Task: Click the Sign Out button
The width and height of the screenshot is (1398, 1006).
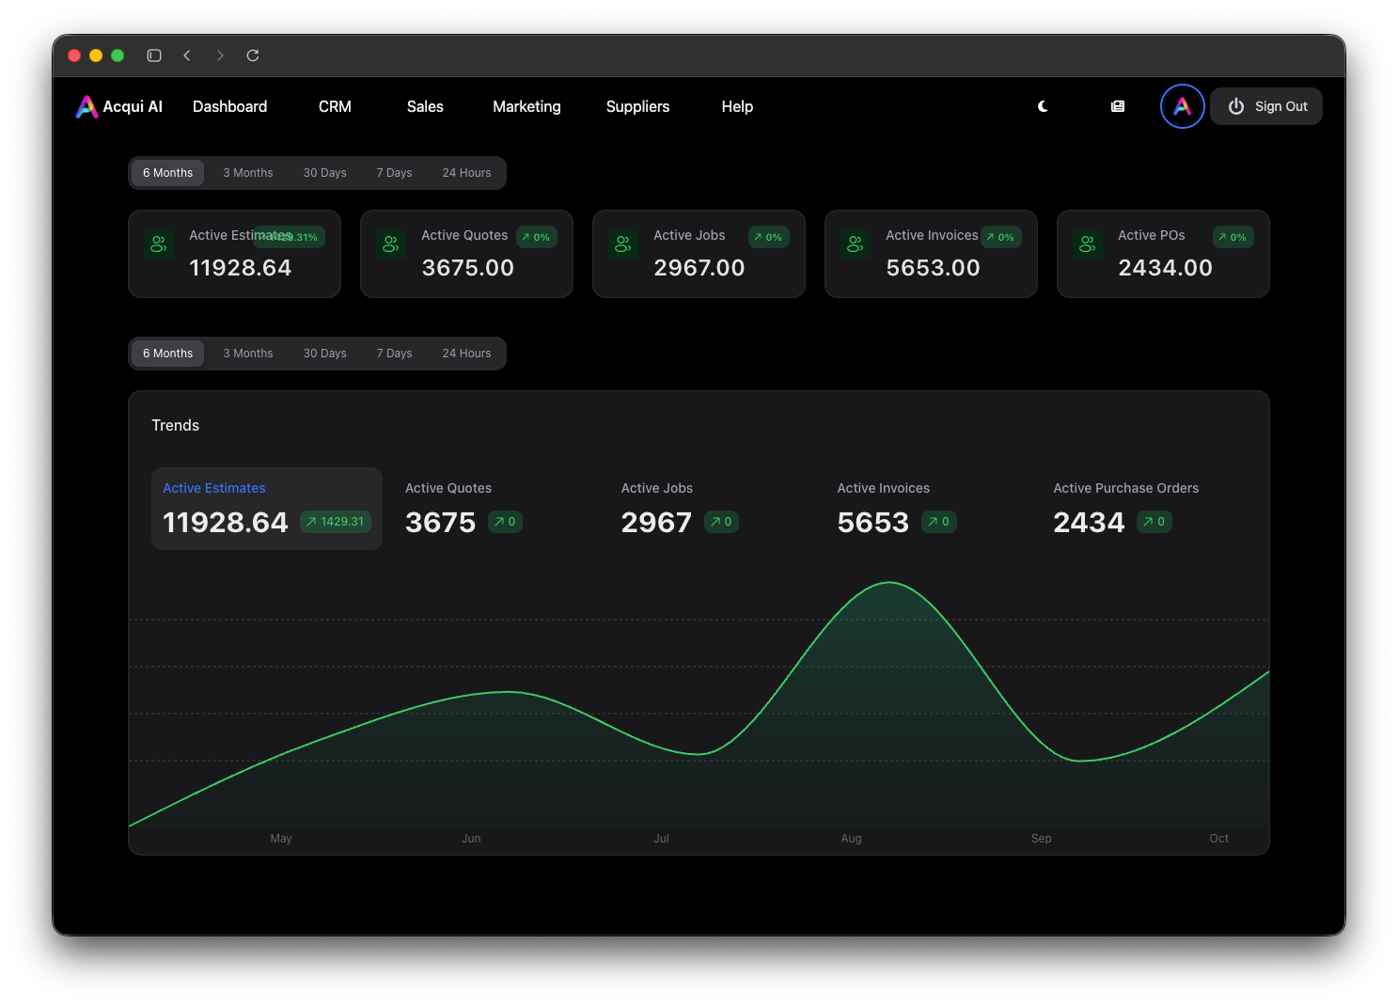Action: pyautogui.click(x=1266, y=106)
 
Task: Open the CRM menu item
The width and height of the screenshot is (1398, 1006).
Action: pyautogui.click(x=335, y=106)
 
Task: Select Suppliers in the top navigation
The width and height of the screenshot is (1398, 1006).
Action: pyautogui.click(x=637, y=106)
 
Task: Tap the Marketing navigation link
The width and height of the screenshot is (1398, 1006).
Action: pyautogui.click(x=526, y=106)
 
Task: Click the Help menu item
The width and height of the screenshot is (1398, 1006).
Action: pyautogui.click(x=737, y=106)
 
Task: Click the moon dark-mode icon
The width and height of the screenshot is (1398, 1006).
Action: pyautogui.click(x=1043, y=106)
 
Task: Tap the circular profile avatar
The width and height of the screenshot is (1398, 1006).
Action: pyautogui.click(x=1182, y=106)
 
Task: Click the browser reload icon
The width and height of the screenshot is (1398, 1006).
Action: pyautogui.click(x=253, y=55)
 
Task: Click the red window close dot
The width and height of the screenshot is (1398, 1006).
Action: pyautogui.click(x=74, y=55)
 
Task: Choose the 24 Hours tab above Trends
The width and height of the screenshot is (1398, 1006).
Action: pyautogui.click(x=466, y=354)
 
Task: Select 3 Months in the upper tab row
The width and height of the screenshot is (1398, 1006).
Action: pyautogui.click(x=248, y=173)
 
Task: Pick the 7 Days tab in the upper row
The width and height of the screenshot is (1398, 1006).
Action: pyautogui.click(x=394, y=173)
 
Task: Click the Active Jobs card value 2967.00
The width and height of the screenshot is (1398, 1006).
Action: pyautogui.click(x=699, y=268)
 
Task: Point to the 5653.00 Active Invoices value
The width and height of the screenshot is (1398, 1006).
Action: pyautogui.click(x=933, y=268)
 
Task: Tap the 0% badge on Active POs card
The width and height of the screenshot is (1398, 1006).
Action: pyautogui.click(x=1233, y=237)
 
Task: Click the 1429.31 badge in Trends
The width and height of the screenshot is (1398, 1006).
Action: pyautogui.click(x=336, y=522)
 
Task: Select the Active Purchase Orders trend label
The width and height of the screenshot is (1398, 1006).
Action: pyautogui.click(x=1125, y=488)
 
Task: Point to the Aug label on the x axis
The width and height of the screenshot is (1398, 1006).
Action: pyautogui.click(x=851, y=839)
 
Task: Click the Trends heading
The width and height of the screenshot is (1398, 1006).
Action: pyautogui.click(x=176, y=425)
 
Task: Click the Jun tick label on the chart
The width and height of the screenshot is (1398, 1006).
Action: pyautogui.click(x=471, y=839)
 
